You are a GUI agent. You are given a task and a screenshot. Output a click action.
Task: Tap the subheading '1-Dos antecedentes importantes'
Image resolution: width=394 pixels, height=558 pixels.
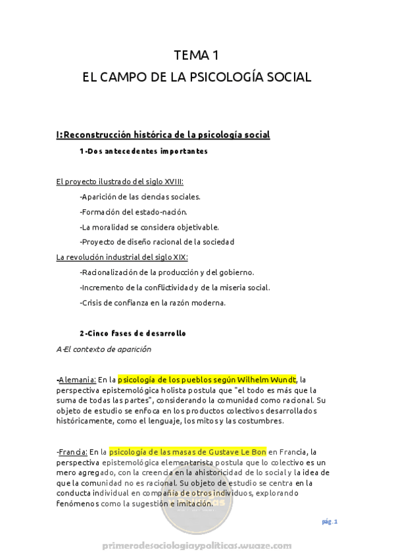coord(143,151)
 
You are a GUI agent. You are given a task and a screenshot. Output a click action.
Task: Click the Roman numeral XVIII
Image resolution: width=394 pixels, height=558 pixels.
coord(172,181)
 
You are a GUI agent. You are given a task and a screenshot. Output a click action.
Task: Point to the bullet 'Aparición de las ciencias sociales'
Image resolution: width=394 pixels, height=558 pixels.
coord(139,196)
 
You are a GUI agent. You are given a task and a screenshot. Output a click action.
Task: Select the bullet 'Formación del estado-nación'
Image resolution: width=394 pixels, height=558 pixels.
coord(133,211)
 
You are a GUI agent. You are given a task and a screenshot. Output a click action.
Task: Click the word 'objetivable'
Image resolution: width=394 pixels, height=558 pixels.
coord(195,226)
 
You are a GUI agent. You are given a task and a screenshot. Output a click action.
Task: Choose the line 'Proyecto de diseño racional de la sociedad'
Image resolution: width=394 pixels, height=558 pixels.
coord(157,241)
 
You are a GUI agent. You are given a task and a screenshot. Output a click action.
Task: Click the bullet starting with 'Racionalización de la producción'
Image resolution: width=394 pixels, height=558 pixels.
coord(166,272)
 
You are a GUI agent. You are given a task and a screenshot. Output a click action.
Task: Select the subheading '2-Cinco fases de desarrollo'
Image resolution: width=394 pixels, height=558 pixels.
coord(132,333)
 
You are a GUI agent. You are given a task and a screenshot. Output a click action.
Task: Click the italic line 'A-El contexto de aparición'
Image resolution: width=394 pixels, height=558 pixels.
coord(104,349)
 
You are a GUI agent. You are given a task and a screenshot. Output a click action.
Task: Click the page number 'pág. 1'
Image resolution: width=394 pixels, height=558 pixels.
coord(330,521)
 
